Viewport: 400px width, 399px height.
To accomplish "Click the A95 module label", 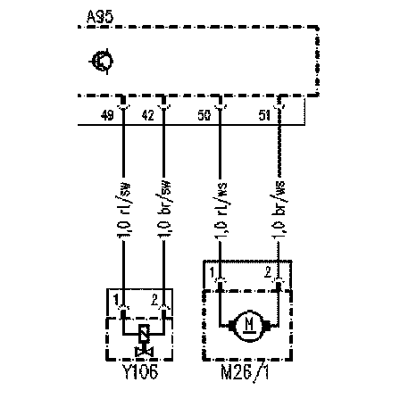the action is pos(100,17).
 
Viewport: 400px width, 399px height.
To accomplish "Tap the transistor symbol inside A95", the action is pos(102,62).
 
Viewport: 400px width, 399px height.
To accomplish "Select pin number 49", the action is pos(107,115).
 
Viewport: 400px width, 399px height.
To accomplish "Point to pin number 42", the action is pos(148,115).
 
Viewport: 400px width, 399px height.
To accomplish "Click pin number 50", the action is pos(204,115).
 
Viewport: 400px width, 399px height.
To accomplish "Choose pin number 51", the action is pos(264,115).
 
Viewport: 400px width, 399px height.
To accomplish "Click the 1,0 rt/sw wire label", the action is pos(124,209).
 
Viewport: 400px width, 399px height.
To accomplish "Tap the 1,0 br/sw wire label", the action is pos(164,209).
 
